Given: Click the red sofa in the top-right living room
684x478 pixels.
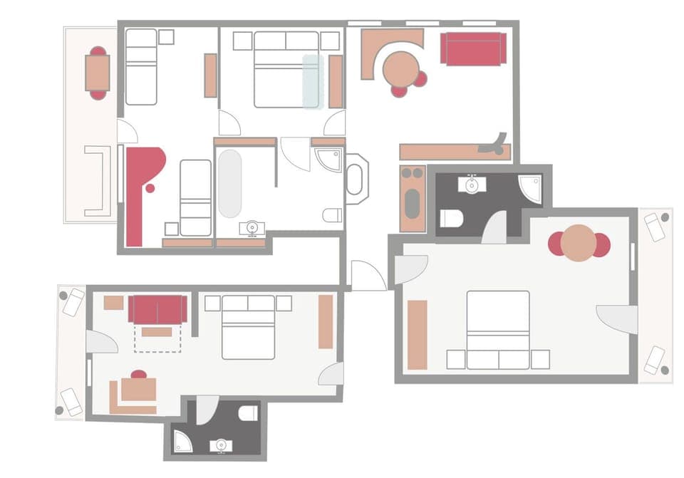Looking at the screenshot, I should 473,48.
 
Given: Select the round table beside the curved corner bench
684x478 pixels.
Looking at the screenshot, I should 400,68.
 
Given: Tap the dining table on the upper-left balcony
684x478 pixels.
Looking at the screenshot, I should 98,73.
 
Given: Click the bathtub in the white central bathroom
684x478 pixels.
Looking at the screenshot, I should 229,183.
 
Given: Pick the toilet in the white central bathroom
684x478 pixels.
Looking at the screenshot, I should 332,214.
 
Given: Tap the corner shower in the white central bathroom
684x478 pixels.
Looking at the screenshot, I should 329,160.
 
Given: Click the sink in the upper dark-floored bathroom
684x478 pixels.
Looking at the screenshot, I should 472,185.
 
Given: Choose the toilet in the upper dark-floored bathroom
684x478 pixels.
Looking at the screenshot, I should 451,217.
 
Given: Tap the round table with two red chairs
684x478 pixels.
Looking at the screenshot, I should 579,243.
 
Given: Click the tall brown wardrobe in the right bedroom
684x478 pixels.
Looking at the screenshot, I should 418,334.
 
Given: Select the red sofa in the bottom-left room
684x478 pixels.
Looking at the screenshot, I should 157,309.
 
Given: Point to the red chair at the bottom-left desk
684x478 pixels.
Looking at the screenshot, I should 139,374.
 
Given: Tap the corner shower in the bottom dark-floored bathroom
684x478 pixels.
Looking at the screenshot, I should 183,442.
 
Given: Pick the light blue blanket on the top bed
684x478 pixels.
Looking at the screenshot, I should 313,81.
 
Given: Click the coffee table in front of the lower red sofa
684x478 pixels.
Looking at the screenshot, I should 157,331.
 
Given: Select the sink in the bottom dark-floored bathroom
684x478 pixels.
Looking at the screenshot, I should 221,446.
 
